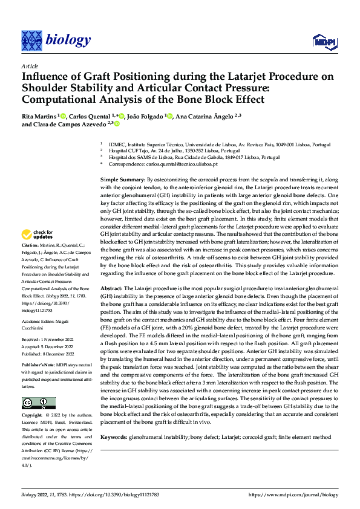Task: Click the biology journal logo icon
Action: (x=31, y=41)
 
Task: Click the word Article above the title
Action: (x=29, y=66)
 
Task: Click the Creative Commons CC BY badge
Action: (x=38, y=403)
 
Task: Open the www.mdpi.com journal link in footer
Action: (x=293, y=495)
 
